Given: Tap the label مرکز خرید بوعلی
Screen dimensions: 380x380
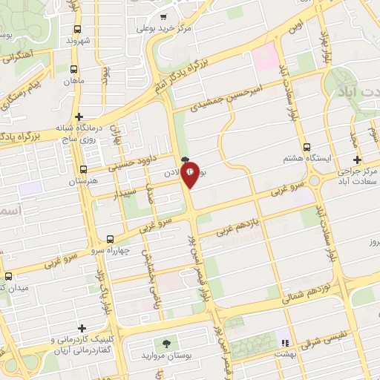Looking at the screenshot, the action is (x=166, y=28).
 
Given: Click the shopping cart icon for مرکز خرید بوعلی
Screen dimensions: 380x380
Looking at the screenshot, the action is (x=165, y=16).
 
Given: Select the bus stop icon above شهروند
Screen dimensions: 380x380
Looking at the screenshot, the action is (x=77, y=29).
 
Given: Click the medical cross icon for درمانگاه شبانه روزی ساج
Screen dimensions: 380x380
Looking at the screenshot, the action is (x=79, y=117).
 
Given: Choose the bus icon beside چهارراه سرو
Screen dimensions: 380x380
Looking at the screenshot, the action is (x=111, y=240).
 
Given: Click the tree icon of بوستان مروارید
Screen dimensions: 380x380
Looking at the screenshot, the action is (x=166, y=344).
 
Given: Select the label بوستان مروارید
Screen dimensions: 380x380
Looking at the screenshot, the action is (x=167, y=356).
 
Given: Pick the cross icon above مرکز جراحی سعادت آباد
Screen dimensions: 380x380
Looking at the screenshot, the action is (x=358, y=160).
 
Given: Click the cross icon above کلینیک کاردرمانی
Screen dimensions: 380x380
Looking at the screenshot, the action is (x=81, y=327).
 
